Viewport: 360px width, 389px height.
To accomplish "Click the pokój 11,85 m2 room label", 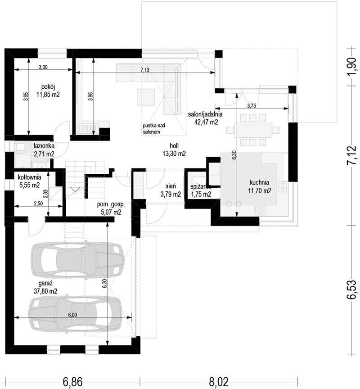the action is [48, 91].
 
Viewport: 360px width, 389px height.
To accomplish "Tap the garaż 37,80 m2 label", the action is [45, 287].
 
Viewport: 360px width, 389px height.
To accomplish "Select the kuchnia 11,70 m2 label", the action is [259, 186].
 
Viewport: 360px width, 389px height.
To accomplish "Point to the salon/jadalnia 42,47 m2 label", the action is [205, 118].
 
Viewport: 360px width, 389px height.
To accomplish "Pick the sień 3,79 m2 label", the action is [171, 190].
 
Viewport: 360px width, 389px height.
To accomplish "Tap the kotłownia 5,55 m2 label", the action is [30, 181].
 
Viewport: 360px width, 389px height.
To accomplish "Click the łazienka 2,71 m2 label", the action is [44, 150].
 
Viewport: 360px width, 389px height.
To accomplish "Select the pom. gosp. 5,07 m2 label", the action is [111, 208].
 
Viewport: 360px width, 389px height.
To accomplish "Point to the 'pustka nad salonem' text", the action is [154, 128].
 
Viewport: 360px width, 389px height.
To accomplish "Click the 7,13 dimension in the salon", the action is [145, 70].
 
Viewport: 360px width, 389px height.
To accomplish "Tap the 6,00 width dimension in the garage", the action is [72, 315].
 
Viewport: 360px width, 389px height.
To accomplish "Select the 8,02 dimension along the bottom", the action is [219, 382].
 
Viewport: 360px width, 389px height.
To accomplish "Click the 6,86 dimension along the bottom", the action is [72, 382].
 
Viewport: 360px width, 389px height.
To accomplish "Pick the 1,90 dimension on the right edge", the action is [352, 67].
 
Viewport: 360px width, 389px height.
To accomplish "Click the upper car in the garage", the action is [77, 260].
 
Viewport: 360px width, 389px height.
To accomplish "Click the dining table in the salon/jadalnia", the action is [252, 130].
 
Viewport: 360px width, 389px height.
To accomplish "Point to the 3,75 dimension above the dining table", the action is [252, 106].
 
